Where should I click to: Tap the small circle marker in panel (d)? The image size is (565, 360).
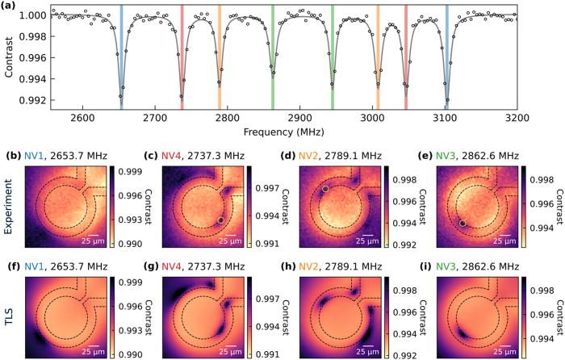[324, 189]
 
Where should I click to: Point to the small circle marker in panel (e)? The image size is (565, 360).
[462, 222]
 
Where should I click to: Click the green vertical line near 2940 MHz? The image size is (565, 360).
[333, 57]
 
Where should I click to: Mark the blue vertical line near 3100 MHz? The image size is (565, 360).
[446, 57]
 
